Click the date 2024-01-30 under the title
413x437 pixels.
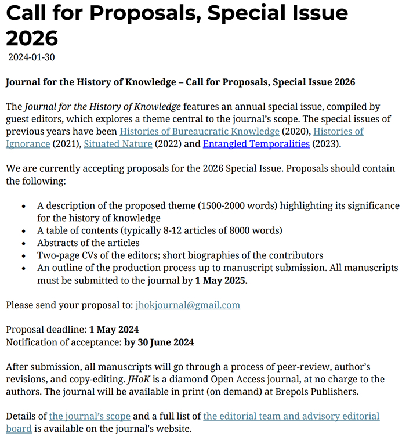tap(31, 57)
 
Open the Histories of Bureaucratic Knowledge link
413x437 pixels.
tap(200, 131)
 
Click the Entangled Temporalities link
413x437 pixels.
tap(256, 143)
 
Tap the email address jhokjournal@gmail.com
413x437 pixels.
tap(187, 305)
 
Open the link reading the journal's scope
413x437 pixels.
tap(90, 416)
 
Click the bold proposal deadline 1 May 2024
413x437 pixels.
tap(114, 330)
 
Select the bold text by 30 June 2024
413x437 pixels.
tap(159, 342)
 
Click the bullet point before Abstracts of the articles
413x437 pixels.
tap(23, 244)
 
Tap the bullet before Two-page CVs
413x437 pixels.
tap(23, 256)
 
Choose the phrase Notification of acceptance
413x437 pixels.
tap(64, 342)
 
